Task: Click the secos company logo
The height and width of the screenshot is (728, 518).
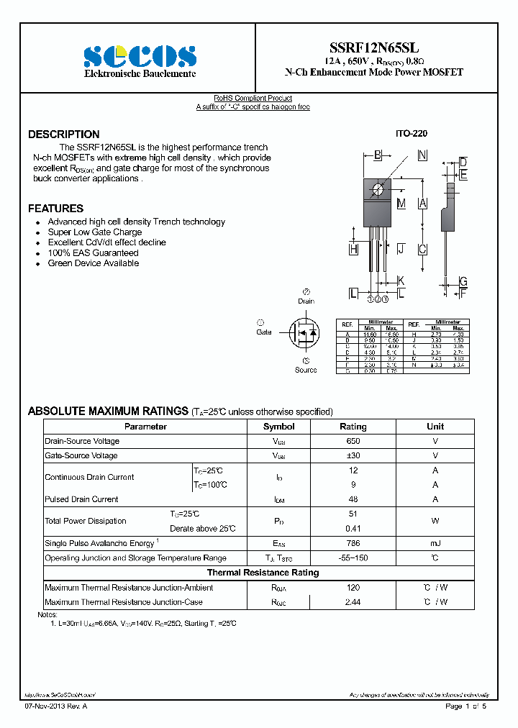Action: [140, 56]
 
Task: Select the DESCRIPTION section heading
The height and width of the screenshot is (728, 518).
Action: [64, 135]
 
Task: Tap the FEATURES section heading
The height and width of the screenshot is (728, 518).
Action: [55, 209]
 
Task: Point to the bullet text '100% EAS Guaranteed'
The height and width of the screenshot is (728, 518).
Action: [93, 252]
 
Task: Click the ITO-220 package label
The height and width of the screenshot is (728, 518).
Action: [411, 135]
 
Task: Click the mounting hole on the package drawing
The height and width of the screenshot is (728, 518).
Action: [378, 189]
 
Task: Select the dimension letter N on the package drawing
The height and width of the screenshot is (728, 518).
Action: [422, 155]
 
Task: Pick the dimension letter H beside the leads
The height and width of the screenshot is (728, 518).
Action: [353, 249]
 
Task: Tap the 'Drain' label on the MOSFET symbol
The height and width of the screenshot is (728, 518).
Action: [306, 301]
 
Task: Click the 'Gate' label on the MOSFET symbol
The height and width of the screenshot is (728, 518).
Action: [264, 332]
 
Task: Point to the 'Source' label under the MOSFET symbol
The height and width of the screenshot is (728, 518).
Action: [306, 370]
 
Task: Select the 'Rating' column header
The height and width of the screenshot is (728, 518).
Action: [353, 427]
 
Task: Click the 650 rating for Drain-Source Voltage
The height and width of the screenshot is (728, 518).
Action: [353, 441]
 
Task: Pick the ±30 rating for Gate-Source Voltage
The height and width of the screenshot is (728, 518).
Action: [353, 455]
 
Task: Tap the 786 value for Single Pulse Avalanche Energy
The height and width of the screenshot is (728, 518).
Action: [353, 543]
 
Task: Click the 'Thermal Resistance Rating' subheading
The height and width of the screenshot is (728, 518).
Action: [263, 573]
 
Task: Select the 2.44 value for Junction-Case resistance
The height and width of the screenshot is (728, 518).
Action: [353, 602]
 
